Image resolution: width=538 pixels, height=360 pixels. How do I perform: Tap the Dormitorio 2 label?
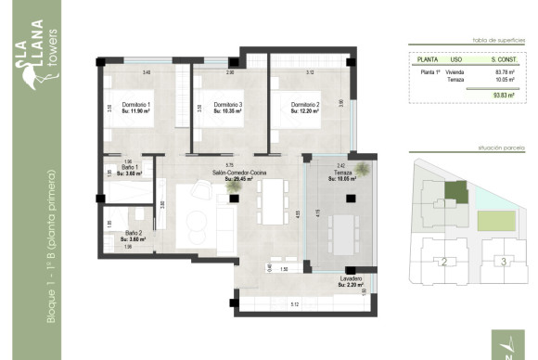click(x=304, y=105)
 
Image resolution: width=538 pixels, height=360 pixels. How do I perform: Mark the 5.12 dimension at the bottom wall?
click(x=294, y=303)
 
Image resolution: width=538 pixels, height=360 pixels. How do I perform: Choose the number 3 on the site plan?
click(x=503, y=262)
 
